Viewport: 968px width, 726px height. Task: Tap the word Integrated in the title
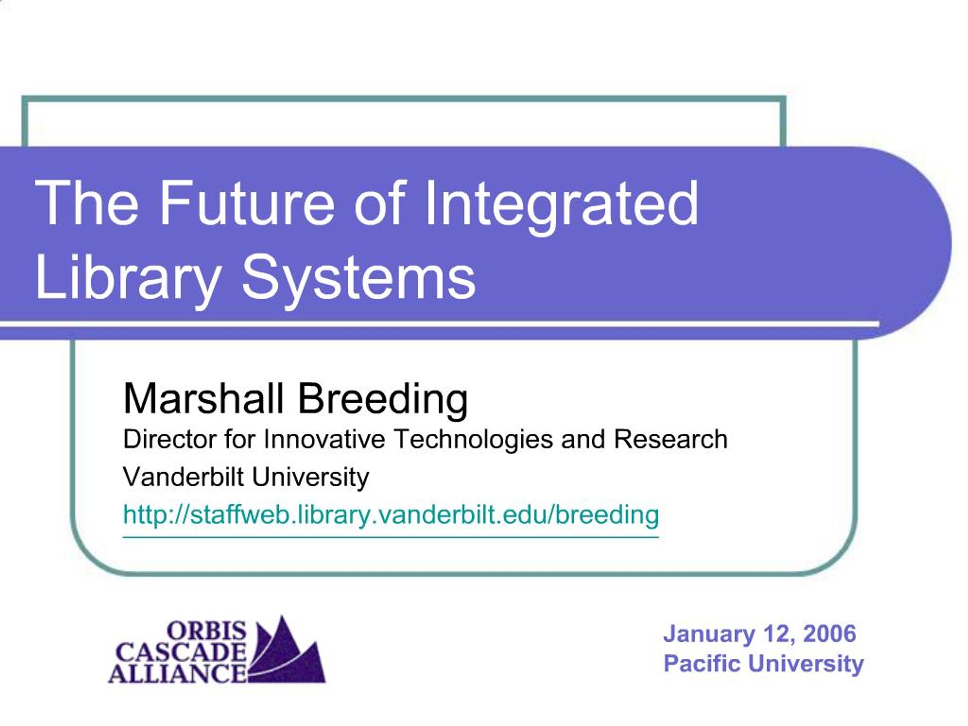(562, 204)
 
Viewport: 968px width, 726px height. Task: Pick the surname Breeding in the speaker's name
(383, 399)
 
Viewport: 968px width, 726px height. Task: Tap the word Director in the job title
(170, 439)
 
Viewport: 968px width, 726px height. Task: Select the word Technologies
(473, 439)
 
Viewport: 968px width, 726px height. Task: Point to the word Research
(670, 439)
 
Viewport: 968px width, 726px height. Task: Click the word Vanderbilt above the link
(183, 476)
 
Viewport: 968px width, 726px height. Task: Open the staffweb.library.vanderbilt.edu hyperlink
(391, 515)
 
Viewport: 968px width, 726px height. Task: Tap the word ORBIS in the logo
(207, 631)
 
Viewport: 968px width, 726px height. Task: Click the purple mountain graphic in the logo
(289, 656)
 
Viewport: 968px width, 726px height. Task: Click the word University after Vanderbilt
(310, 476)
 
